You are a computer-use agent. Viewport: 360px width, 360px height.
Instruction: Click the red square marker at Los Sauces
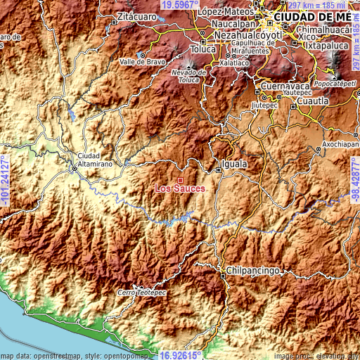coord(181,181)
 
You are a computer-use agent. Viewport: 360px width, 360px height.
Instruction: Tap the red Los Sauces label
coord(180,188)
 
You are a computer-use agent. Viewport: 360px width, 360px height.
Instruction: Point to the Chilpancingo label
coord(254,270)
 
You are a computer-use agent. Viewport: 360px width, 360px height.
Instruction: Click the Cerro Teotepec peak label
coord(137,292)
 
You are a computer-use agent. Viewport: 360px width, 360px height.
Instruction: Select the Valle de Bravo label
coord(143,61)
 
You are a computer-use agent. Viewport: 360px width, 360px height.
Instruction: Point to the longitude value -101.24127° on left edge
coord(5,180)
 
